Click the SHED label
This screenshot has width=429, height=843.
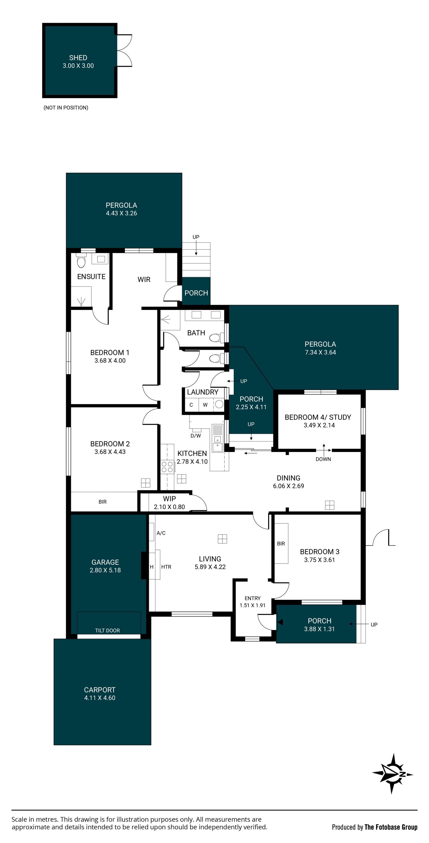[78, 58]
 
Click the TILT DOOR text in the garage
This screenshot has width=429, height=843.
[107, 630]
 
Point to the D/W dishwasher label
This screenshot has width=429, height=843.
[196, 435]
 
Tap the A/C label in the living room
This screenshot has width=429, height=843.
[161, 533]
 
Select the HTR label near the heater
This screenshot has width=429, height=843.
[166, 567]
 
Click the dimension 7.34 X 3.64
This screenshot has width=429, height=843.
[320, 352]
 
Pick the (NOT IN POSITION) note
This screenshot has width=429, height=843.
[66, 108]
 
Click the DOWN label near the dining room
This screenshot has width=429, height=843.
[323, 459]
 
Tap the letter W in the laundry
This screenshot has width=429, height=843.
[205, 405]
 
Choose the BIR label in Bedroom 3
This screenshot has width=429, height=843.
[281, 544]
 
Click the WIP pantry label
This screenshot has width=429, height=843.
[170, 499]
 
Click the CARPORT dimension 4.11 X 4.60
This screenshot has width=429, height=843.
[100, 698]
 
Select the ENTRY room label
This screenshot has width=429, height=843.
[253, 598]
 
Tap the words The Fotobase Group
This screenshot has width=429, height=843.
[391, 827]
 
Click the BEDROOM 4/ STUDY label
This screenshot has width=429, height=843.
[318, 417]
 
